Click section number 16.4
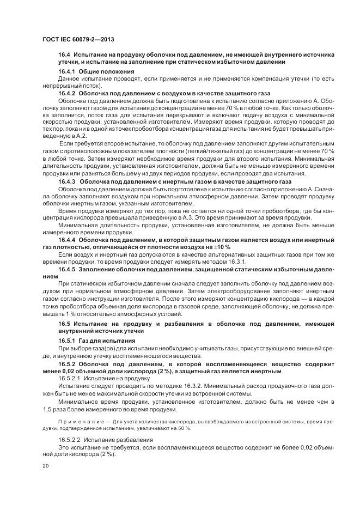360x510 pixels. [x=65, y=55]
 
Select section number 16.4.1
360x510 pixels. [x=68, y=72]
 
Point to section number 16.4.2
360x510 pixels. [x=68, y=93]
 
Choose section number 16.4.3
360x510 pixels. [x=68, y=181]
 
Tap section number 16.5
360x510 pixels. [x=65, y=324]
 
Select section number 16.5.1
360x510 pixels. [x=68, y=341]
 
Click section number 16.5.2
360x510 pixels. [x=68, y=363]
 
